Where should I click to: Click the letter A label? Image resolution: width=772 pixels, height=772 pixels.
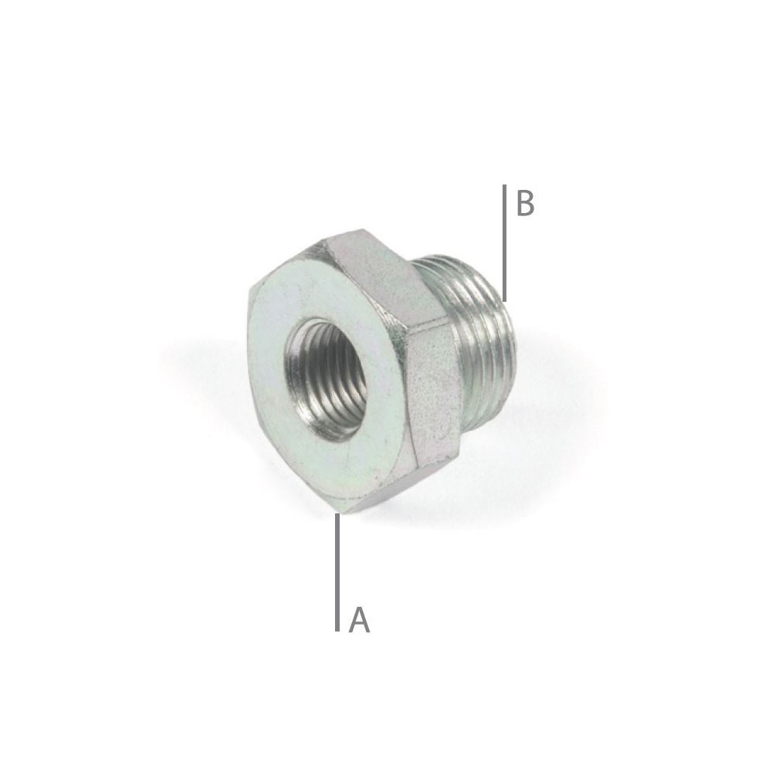359,620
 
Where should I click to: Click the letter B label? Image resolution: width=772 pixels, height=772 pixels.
525,205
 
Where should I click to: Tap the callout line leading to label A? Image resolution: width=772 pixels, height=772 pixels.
337,571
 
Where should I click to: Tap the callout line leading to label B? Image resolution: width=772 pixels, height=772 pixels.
503,239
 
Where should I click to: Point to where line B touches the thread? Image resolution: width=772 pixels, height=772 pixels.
503,300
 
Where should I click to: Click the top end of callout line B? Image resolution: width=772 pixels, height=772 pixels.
503,186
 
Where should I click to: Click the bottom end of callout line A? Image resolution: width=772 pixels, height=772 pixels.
337,630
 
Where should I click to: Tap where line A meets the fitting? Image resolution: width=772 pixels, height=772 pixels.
337,513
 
